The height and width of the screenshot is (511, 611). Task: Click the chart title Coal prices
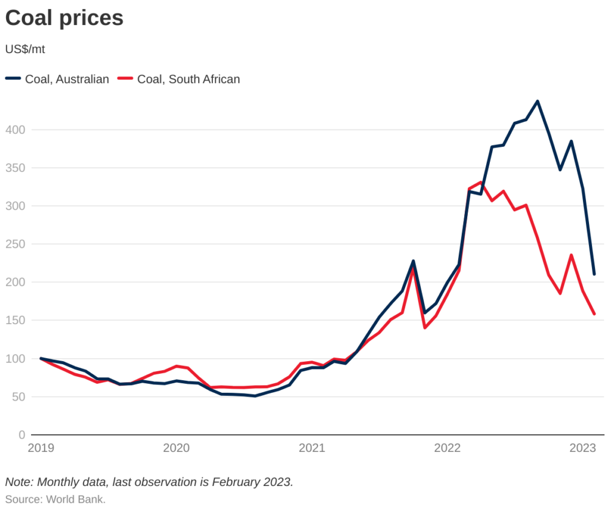[64, 18]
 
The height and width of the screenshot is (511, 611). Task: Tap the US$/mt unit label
[25, 50]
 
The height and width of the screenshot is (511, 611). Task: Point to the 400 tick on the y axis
[16, 130]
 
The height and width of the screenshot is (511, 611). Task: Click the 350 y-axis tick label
[16, 168]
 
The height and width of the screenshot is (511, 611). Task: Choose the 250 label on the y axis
[16, 244]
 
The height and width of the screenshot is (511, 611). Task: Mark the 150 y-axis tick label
[16, 321]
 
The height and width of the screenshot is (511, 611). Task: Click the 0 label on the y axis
[21, 435]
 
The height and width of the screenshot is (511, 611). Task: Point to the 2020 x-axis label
[177, 448]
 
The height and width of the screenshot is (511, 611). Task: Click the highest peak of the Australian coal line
[538, 101]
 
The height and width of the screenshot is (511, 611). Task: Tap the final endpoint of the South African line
[594, 314]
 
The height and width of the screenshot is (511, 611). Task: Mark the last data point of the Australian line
[594, 274]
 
